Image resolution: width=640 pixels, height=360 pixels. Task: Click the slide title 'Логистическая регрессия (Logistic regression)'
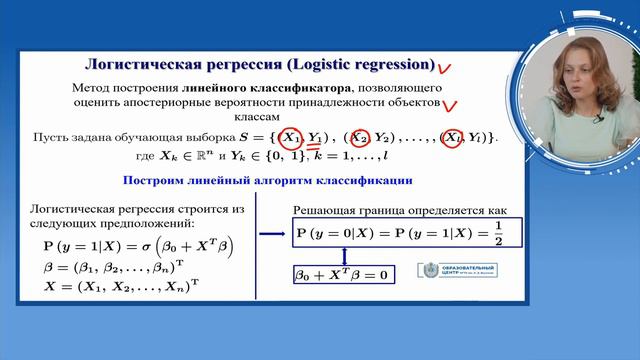(x=261, y=66)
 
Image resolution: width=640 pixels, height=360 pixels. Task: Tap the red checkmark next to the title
(x=447, y=68)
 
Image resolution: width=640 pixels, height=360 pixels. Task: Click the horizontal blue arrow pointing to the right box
(x=272, y=235)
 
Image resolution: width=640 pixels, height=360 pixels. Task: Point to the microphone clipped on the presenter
(x=596, y=119)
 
